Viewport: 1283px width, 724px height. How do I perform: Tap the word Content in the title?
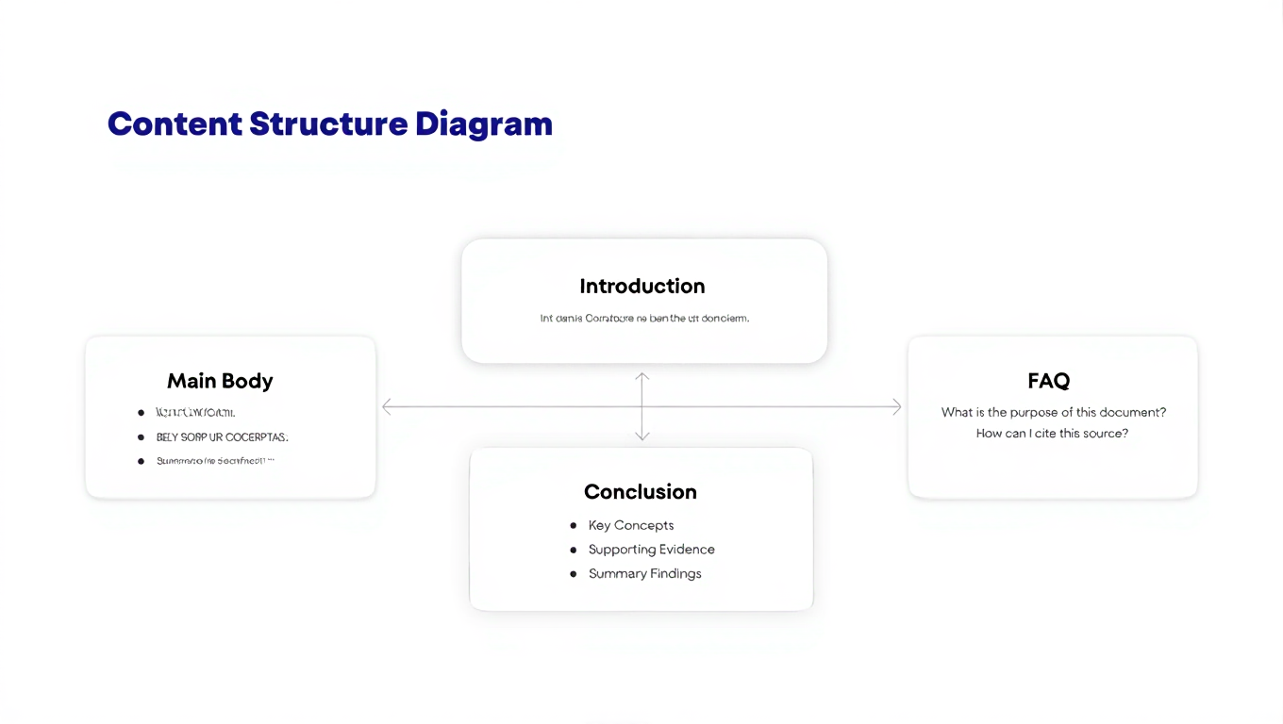point(175,124)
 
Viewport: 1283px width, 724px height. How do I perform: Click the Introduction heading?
point(641,286)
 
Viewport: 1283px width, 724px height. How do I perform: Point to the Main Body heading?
point(220,381)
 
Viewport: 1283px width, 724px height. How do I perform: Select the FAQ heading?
point(1048,381)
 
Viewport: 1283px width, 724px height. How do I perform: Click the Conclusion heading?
point(640,492)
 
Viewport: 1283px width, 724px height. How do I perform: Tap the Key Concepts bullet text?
point(630,525)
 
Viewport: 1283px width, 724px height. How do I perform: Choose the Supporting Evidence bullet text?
point(651,550)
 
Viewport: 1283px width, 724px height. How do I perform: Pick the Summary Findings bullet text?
point(644,574)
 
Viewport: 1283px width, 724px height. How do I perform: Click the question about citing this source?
point(1052,434)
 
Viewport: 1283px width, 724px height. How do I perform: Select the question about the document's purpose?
point(1053,412)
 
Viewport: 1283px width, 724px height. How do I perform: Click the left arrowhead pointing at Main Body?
point(387,406)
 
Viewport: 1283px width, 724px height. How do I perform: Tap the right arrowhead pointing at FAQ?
point(896,406)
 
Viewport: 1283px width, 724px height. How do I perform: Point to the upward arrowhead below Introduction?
point(641,377)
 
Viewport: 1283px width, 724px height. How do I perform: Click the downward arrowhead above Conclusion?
point(641,436)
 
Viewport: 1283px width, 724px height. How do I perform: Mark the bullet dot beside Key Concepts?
point(573,525)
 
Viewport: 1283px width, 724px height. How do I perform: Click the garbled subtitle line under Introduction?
point(644,319)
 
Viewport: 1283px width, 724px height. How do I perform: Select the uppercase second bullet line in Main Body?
point(222,437)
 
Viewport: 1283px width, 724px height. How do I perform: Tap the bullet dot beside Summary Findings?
point(573,574)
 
